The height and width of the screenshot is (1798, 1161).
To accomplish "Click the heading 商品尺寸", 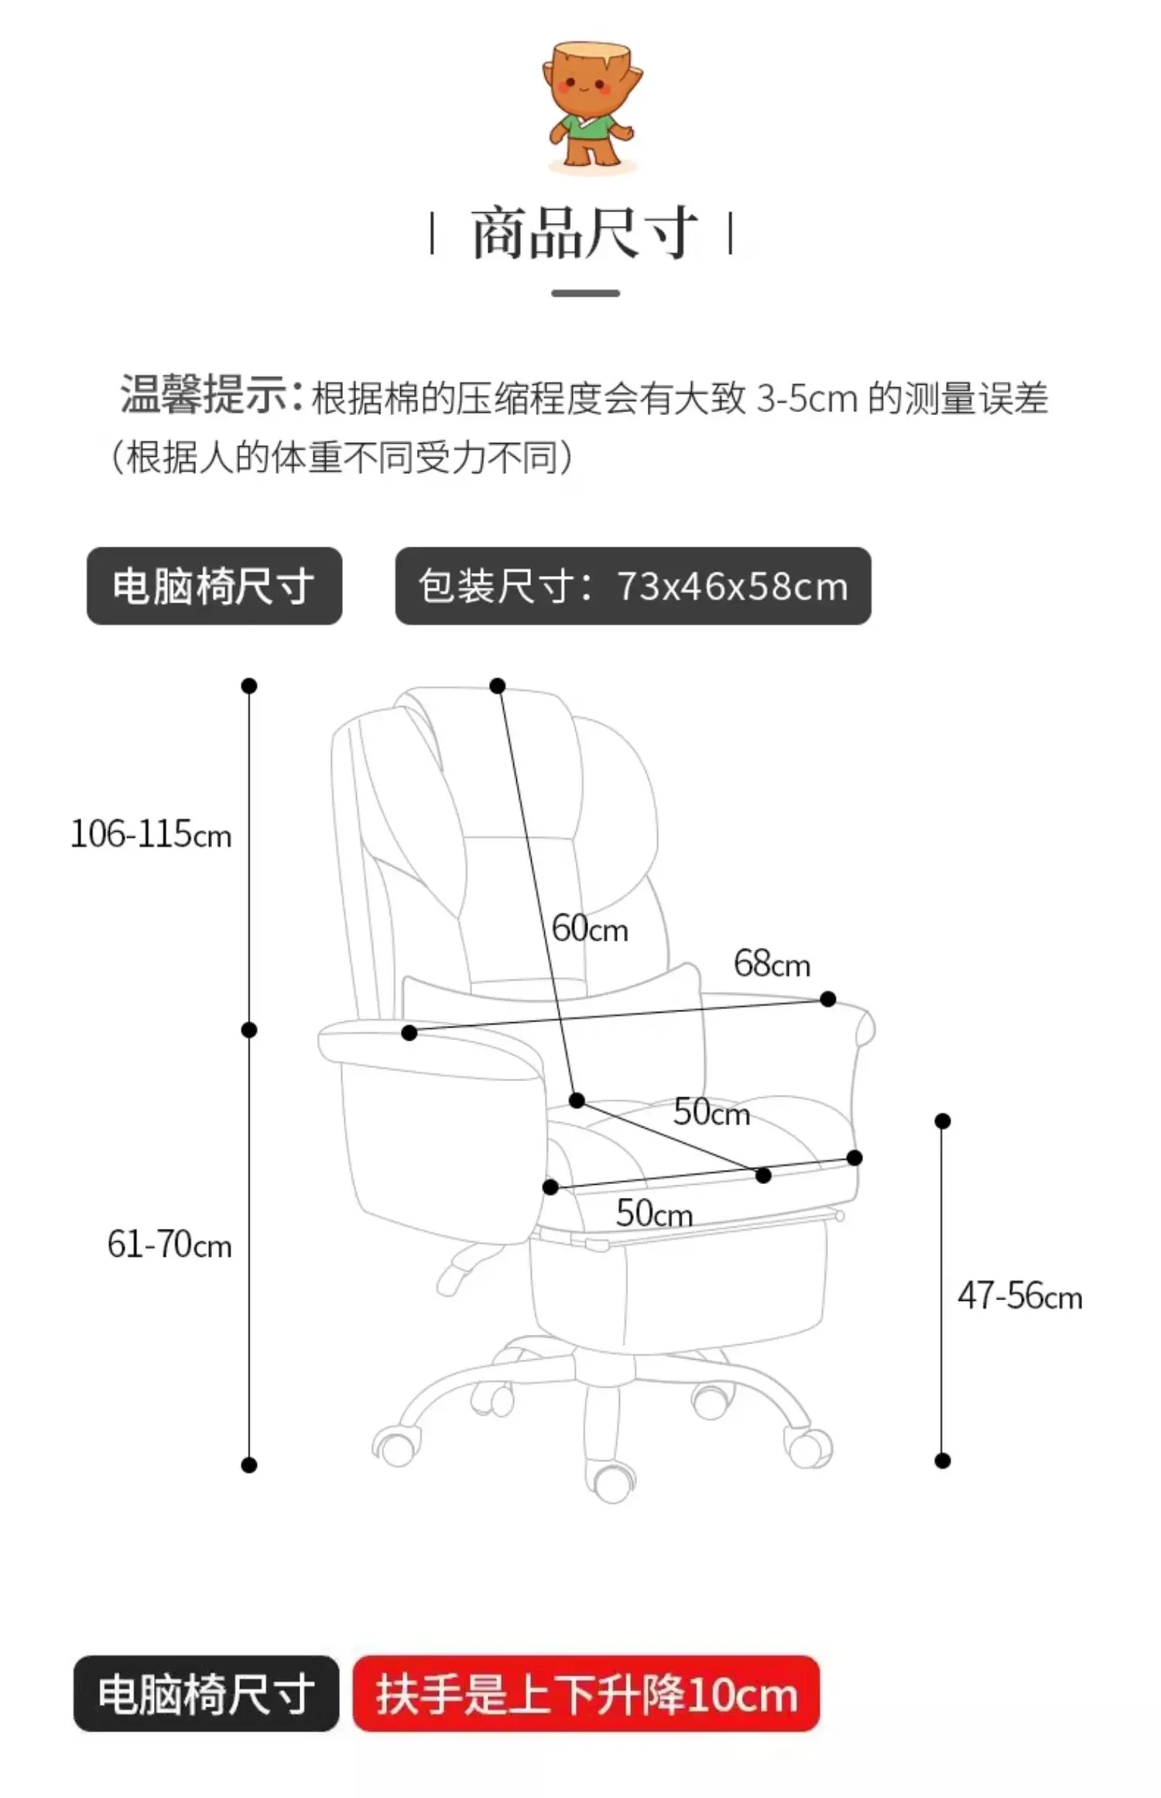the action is pyautogui.click(x=584, y=232).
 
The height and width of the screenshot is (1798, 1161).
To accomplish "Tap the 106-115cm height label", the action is pyautogui.click(x=151, y=835).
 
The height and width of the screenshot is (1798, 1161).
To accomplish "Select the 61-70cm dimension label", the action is pyautogui.click(x=169, y=1244).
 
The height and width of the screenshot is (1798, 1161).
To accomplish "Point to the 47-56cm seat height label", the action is pyautogui.click(x=1019, y=1295).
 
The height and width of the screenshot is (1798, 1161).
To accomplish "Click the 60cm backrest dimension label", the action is pyautogui.click(x=590, y=928).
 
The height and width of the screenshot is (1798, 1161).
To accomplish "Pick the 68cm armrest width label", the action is pyautogui.click(x=772, y=964).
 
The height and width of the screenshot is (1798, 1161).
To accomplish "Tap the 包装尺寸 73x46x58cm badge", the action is pyautogui.click(x=632, y=586).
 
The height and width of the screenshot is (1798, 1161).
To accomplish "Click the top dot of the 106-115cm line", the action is pyautogui.click(x=249, y=686).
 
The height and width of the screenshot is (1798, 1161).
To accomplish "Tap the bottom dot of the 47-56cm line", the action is pyautogui.click(x=942, y=1461).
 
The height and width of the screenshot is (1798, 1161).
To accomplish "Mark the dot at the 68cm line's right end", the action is pyautogui.click(x=827, y=999).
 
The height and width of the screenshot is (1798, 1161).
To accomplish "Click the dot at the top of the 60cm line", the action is pyautogui.click(x=498, y=686).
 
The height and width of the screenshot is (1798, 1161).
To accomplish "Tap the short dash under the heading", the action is pyautogui.click(x=585, y=293).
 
